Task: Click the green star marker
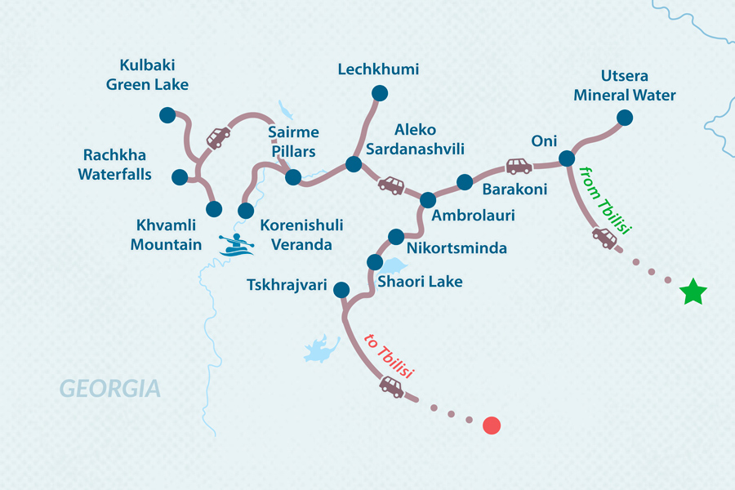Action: coord(693,292)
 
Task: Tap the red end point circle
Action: coord(491,425)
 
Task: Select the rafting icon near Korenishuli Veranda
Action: coord(236,244)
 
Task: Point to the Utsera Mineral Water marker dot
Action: coord(625,118)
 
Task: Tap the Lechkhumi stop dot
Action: coord(378,94)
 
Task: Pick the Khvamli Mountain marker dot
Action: coord(214,209)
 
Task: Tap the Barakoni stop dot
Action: coord(464,182)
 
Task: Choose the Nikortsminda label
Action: coord(457,248)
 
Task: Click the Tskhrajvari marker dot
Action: coord(341,289)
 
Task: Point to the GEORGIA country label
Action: coord(109,389)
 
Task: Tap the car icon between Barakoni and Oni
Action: coord(519,167)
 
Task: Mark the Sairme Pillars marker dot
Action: coord(292,176)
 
